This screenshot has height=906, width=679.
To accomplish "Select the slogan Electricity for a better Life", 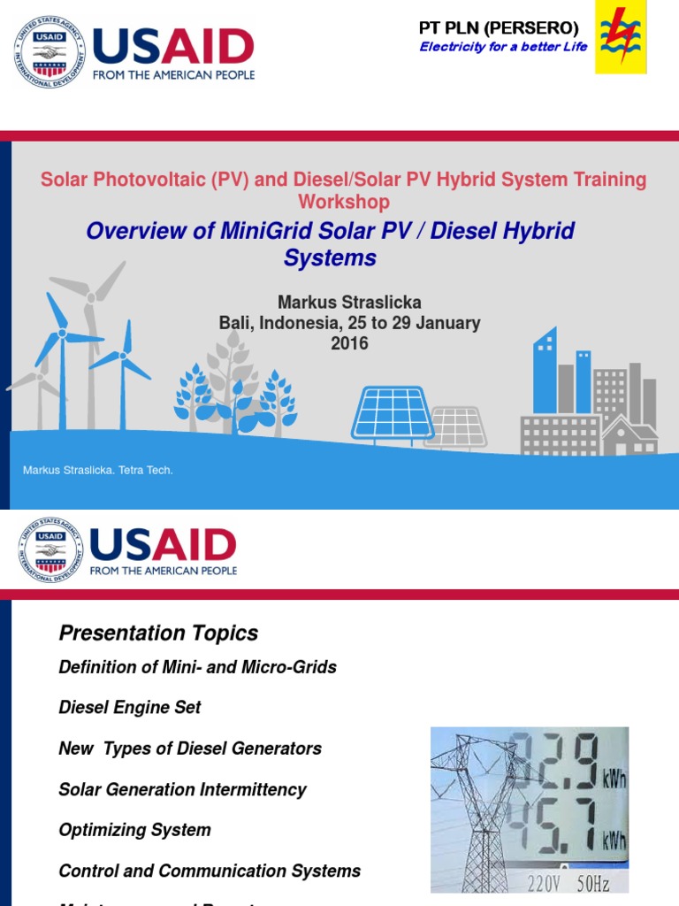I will pyautogui.click(x=503, y=47).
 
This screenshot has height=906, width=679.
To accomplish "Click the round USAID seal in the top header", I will pyautogui.click(x=50, y=51).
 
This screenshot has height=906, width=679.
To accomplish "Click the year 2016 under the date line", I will pyautogui.click(x=349, y=343).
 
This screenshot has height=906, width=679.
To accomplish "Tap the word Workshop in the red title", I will pyautogui.click(x=343, y=202).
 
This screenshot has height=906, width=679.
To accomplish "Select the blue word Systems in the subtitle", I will pyautogui.click(x=330, y=258).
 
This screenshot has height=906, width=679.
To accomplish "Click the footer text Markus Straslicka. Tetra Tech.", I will pyautogui.click(x=98, y=470).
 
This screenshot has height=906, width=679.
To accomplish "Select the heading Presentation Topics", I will pyautogui.click(x=158, y=633).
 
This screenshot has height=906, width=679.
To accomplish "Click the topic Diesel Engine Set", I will pyautogui.click(x=130, y=708).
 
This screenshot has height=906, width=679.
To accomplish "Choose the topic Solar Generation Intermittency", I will pyautogui.click(x=182, y=789).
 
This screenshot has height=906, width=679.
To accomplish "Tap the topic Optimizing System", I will pyautogui.click(x=134, y=830).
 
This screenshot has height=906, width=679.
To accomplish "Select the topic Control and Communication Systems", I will pyautogui.click(x=210, y=871).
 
